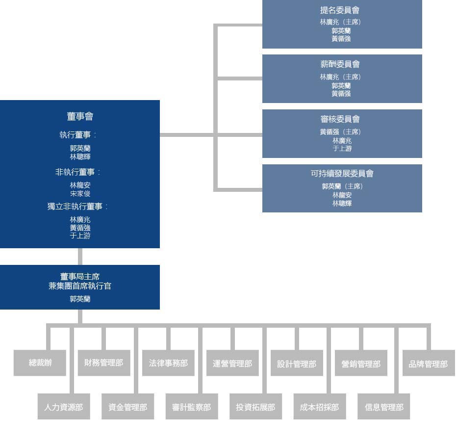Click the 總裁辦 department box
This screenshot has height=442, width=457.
coord(40,363)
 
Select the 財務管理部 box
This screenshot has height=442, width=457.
coord(104,363)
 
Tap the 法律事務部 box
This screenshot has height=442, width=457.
coord(168,363)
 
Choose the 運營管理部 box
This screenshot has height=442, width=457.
coord(232,363)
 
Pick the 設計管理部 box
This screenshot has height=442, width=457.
coord(297,363)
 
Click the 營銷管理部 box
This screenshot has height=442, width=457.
coord(361,363)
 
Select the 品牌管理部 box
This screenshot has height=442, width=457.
coord(428,363)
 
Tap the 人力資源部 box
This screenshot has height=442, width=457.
coord(64,407)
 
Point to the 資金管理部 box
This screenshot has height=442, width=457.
coord(127,407)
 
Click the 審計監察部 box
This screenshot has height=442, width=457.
coord(192,407)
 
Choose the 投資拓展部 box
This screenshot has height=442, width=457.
coord(255,407)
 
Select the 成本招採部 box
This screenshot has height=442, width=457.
coord(320,407)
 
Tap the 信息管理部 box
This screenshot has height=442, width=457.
coord(384,407)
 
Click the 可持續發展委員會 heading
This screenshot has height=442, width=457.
coord(342,174)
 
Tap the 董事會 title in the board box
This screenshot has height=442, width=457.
coord(80,116)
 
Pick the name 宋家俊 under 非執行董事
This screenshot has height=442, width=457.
coord(80,193)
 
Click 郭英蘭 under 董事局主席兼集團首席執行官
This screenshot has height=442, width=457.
coord(80,299)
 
